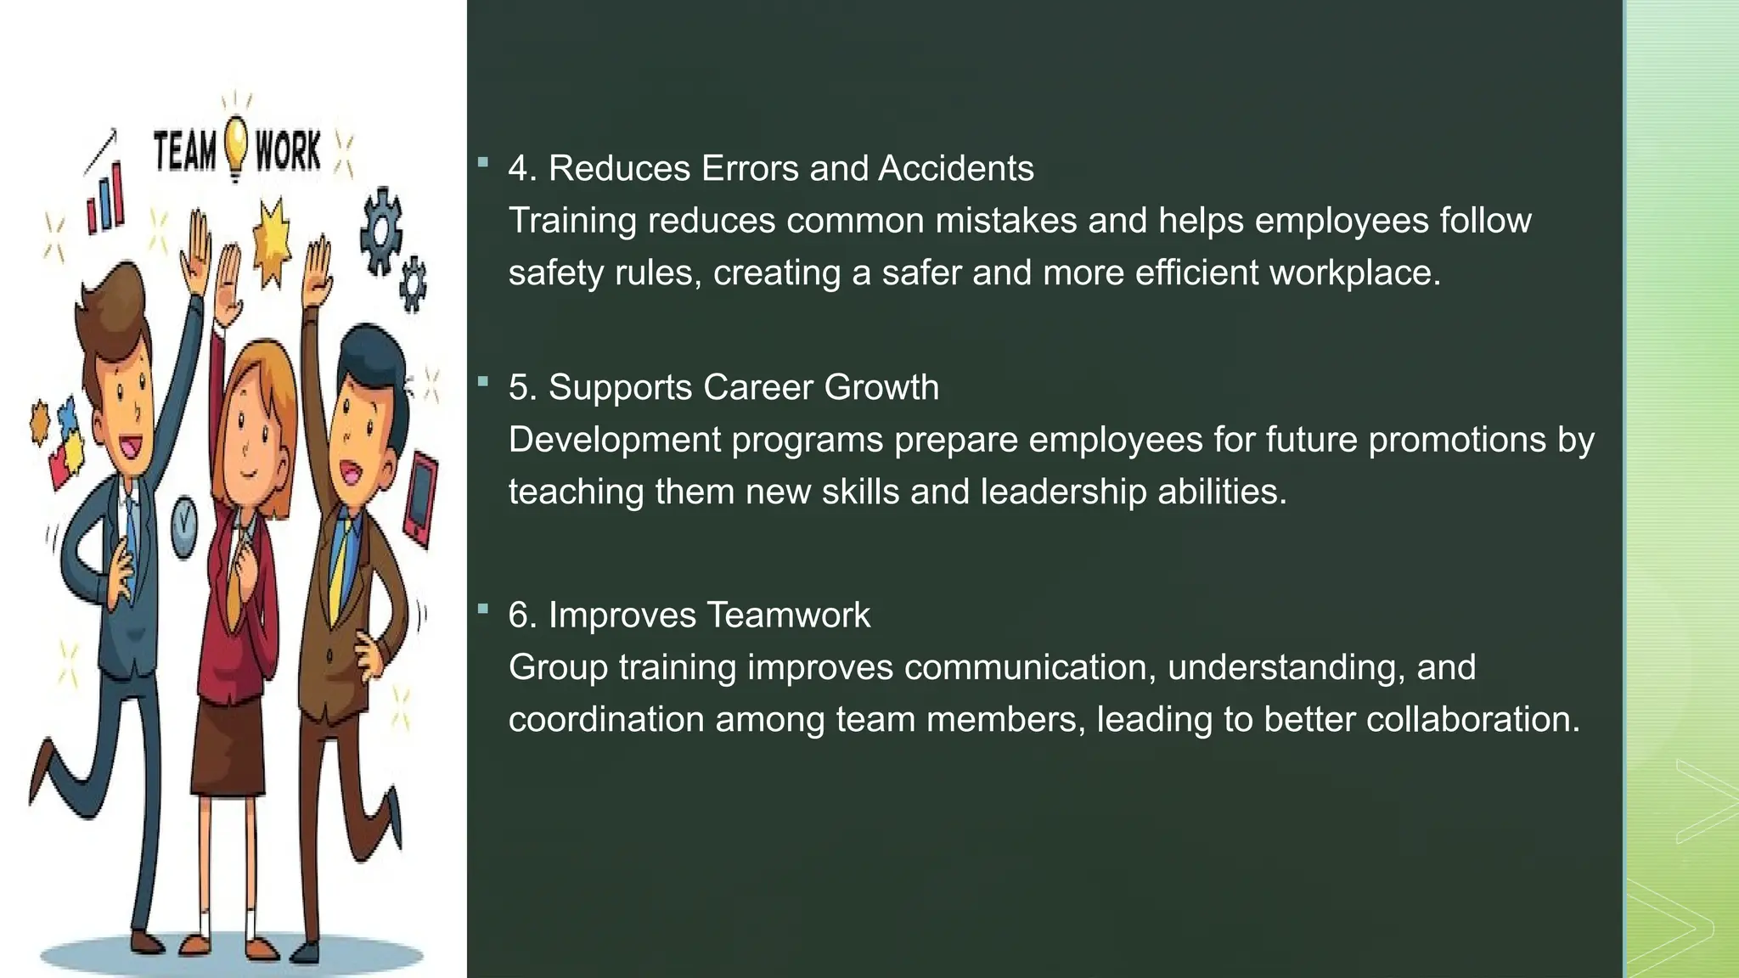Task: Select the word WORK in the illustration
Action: coord(288,152)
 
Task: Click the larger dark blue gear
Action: coord(380,230)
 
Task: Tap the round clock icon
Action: coord(183,528)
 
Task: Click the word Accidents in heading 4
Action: coord(956,169)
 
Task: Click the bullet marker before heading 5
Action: coord(483,382)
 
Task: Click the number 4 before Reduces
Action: coord(517,169)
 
